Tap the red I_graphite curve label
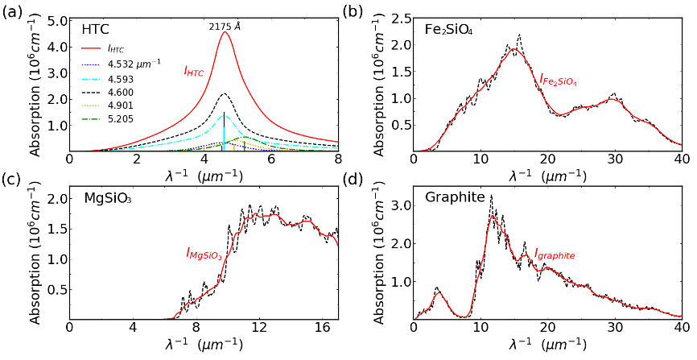click(555, 254)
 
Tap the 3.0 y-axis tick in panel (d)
click(399, 205)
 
